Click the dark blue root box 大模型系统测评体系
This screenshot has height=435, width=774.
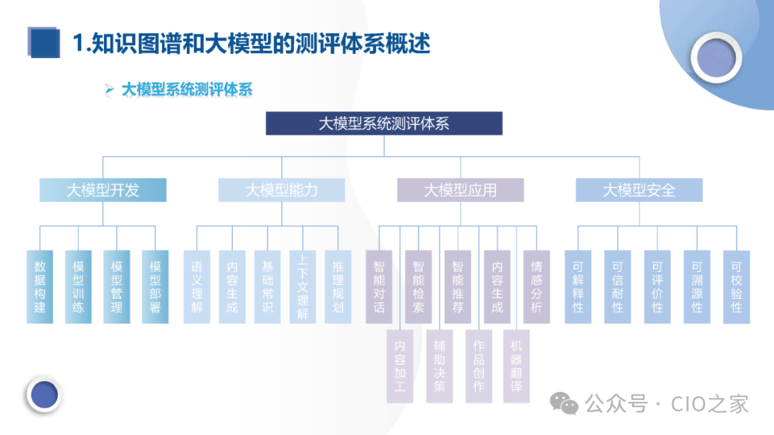pos(384,123)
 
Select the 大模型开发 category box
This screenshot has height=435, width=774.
pos(102,190)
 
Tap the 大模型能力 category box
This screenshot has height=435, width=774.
pos(282,190)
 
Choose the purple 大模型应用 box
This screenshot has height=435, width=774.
pos(460,190)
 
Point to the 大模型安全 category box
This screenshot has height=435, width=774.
pos(639,190)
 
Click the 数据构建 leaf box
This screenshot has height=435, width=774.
pos(40,286)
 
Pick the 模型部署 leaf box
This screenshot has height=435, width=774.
pos(155,286)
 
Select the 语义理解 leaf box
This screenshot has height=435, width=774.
pos(197,286)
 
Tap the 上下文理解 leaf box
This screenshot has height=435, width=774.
pos(302,286)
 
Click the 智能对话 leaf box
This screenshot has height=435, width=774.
pos(379,286)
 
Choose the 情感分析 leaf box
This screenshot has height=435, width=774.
pos(536,286)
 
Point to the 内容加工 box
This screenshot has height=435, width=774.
pos(400,365)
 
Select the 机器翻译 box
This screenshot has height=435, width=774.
pos(516,365)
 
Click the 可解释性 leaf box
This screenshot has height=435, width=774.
pos(578,286)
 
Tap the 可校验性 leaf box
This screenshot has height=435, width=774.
pos(736,286)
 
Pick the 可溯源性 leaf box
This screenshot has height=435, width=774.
pos(697,286)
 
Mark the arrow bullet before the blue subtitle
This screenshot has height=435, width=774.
pos(109,90)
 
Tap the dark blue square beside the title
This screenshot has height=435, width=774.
pos(44,42)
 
